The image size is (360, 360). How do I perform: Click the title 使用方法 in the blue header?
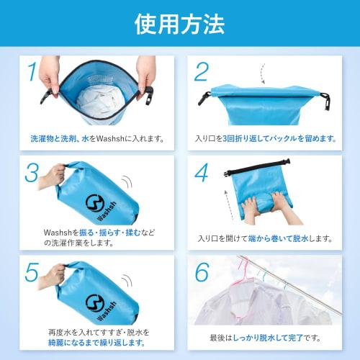click(x=179, y=24)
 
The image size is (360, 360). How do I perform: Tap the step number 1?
click(x=32, y=73)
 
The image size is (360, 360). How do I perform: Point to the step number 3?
click(x=32, y=174)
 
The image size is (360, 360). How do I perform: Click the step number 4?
click(x=202, y=174)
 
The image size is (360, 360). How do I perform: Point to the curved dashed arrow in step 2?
click(x=262, y=72)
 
